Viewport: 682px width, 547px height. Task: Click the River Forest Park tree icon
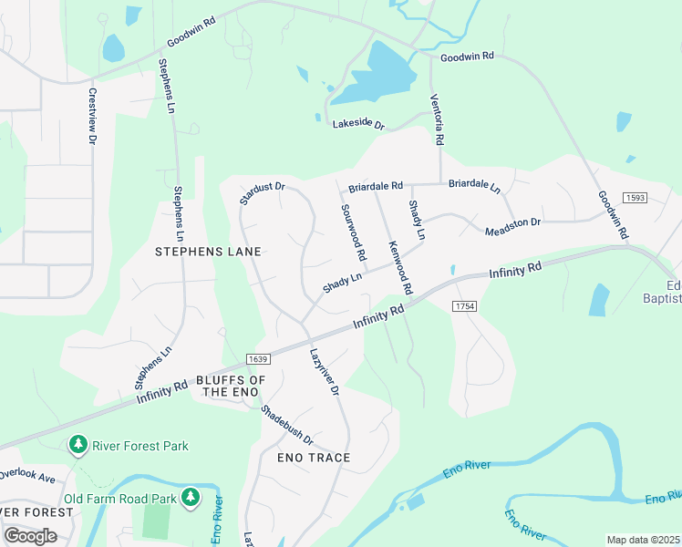(x=78, y=445)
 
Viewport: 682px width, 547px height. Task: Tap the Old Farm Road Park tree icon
(x=191, y=498)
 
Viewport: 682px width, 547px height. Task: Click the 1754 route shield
(x=464, y=305)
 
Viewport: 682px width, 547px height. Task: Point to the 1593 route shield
(x=635, y=198)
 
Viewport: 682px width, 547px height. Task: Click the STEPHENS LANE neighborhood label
(x=208, y=252)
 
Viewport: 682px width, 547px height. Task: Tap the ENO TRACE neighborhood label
(x=315, y=457)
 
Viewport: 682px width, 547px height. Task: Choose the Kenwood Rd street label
(x=400, y=267)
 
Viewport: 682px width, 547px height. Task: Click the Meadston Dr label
(x=512, y=224)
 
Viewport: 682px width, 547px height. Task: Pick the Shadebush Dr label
(x=286, y=425)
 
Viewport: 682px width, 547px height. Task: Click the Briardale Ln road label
(x=474, y=186)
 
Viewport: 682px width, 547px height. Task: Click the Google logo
(x=31, y=535)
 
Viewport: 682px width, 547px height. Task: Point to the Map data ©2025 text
(x=642, y=540)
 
